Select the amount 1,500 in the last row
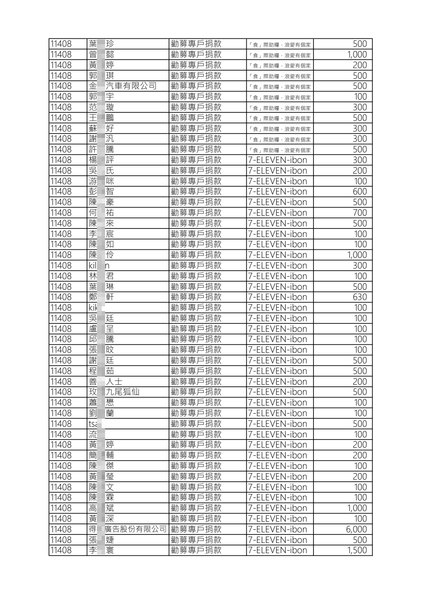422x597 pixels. tap(356, 550)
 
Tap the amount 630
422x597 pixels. tap(359, 297)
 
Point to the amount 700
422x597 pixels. tap(359, 213)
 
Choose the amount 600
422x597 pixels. tap(359, 191)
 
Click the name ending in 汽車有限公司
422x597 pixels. tap(123, 86)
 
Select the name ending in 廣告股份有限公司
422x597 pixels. tap(127, 529)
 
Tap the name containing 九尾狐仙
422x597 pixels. tap(114, 392)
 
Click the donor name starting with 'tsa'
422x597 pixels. tap(93, 424)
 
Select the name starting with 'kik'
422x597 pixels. tap(93, 308)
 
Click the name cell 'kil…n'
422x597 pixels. tap(99, 266)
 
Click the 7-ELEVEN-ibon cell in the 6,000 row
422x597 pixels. tap(277, 529)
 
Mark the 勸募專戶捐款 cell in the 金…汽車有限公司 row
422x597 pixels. tap(196, 86)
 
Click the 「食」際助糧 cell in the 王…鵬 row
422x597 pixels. tap(279, 118)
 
